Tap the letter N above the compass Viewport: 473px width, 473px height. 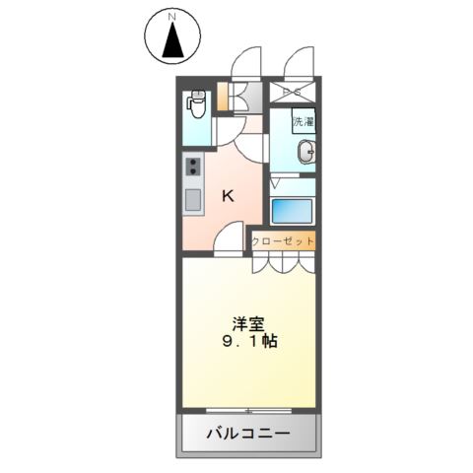click(172, 16)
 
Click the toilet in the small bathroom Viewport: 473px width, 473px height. click(196, 102)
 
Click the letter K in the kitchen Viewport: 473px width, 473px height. click(228, 196)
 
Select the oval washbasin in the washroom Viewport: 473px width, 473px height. click(307, 152)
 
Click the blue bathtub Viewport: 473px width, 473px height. click(292, 211)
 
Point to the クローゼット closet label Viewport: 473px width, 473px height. click(283, 240)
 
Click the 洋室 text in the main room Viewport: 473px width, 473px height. click(247, 322)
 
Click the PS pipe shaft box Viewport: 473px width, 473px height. click(293, 94)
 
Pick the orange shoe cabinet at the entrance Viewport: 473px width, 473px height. click(223, 99)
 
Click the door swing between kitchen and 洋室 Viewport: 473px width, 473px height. click(230, 238)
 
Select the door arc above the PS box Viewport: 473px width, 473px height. click(298, 65)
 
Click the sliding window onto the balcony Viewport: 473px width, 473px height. click(248, 409)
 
